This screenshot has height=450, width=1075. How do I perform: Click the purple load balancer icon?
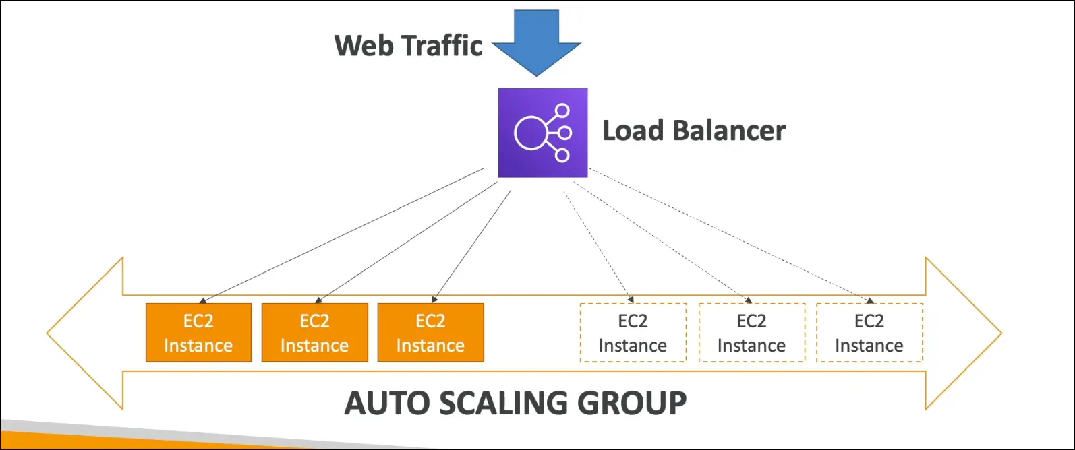pos(543,133)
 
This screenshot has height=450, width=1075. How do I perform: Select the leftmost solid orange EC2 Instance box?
pos(198,333)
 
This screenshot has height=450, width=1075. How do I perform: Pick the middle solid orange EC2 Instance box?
pos(314,333)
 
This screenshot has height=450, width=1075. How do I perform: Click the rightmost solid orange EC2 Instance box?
pos(430,333)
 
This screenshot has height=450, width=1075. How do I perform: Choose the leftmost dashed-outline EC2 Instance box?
pos(633,333)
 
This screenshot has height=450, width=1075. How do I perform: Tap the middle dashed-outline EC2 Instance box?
pos(751,333)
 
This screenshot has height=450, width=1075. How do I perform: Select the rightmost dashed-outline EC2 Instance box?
pos(869,333)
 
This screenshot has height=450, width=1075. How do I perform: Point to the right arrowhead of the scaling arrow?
pos(964,333)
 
